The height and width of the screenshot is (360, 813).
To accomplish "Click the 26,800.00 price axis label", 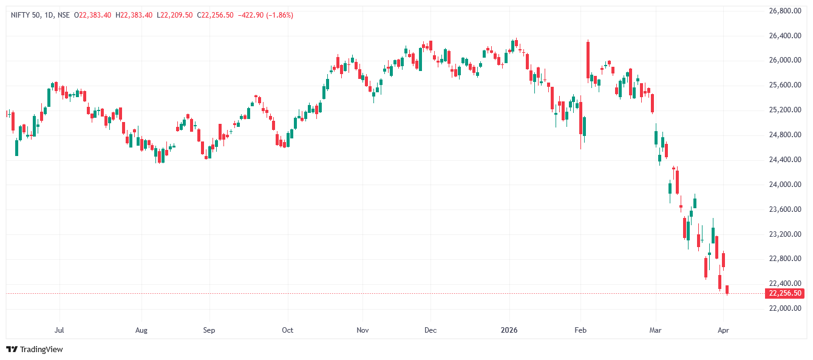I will click(x=781, y=11).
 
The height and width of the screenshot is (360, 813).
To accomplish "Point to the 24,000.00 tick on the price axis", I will click(x=781, y=185).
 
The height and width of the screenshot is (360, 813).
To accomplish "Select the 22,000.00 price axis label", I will click(x=781, y=308).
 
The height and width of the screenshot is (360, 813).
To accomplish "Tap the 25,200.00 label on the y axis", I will click(x=781, y=110).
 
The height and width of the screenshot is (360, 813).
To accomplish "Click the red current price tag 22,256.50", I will click(x=786, y=293).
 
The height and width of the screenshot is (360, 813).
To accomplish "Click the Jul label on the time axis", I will click(x=60, y=331).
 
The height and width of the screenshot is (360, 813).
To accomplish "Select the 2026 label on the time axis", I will click(x=509, y=331).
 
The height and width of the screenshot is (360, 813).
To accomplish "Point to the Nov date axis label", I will click(x=362, y=331).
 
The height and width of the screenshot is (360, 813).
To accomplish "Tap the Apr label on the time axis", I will click(x=723, y=331).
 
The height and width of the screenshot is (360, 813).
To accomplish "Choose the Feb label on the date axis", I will click(x=580, y=331).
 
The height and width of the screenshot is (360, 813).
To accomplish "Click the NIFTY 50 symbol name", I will click(x=26, y=15).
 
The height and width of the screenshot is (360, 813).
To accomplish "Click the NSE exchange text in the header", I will click(x=64, y=15).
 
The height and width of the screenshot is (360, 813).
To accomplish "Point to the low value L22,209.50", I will click(x=175, y=15).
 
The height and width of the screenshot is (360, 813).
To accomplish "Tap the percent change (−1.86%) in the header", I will click(x=277, y=15).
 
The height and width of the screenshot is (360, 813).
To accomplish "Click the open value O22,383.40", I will click(x=92, y=15).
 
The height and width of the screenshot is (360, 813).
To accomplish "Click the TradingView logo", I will click(x=35, y=349).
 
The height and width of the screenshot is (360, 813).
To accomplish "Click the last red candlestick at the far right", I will click(x=727, y=290).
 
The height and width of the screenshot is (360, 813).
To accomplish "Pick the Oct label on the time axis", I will click(x=288, y=331).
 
